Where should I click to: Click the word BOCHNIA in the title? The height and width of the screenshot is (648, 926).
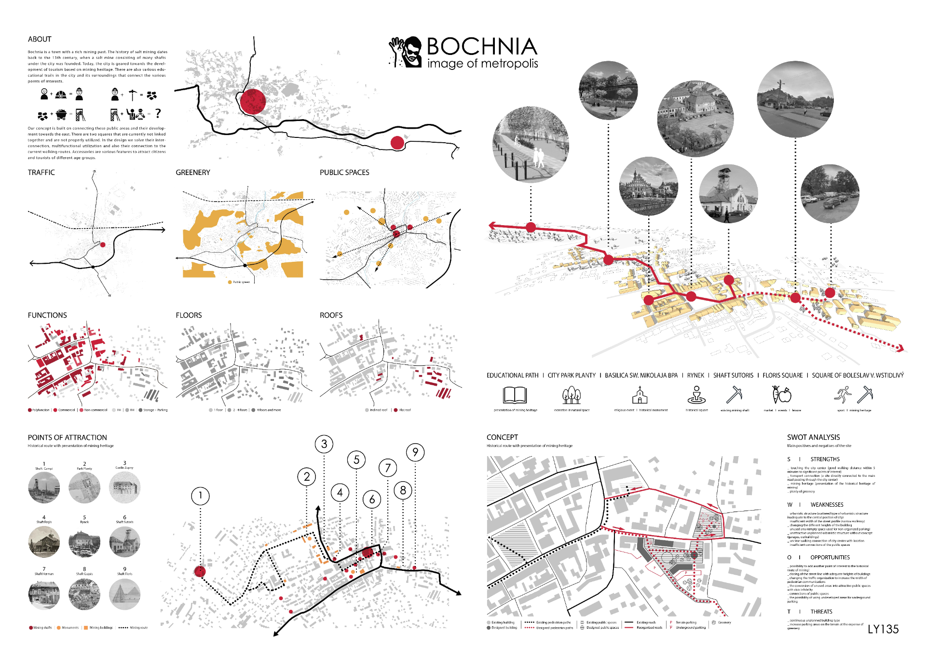coord(482,46)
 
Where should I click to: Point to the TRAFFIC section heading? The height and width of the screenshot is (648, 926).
coord(41,172)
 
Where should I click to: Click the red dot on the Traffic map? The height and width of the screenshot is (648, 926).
coord(103,245)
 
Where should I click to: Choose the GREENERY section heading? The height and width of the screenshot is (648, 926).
coord(193,172)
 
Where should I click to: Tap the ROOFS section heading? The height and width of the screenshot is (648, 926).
coord(331,315)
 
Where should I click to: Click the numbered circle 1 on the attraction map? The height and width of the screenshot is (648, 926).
coord(200,496)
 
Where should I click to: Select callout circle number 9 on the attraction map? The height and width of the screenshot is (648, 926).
coord(415,452)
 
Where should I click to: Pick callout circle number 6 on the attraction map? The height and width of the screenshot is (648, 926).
coord(371,499)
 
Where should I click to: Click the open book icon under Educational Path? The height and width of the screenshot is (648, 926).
coord(514,396)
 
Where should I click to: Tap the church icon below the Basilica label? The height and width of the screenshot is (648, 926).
coord(640,396)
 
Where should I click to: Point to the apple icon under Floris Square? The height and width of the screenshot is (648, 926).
coord(781,396)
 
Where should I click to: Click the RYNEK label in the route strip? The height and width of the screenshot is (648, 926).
coord(695,375)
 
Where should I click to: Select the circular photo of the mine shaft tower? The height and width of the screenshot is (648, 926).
coord(728,194)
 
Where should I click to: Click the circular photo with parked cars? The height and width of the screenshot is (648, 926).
coord(830,193)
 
